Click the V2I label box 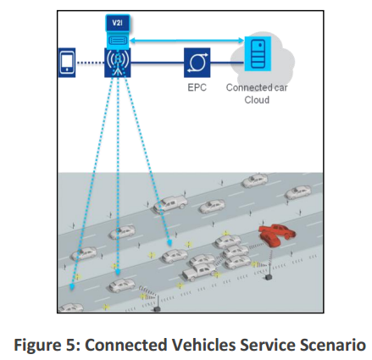click(118, 23)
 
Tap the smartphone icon click(67, 63)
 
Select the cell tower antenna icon click(118, 63)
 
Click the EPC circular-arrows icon click(197, 63)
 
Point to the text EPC click(197, 87)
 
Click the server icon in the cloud click(258, 53)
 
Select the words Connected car click(257, 87)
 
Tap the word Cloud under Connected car click(257, 100)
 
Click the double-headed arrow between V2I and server click(186, 41)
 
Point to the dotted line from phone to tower click(90, 63)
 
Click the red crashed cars click(277, 235)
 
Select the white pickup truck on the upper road click(170, 203)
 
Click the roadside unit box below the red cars click(268, 278)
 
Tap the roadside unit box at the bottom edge click(157, 309)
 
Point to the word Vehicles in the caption click(203, 345)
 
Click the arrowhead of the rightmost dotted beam click(169, 242)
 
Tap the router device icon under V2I click(118, 41)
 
